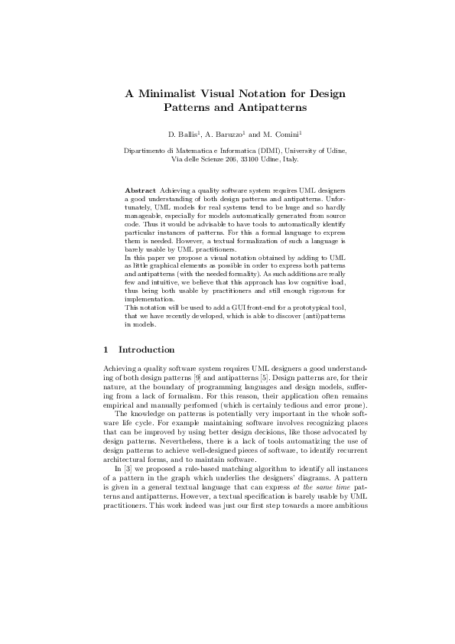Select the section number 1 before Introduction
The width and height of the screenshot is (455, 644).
[x=106, y=350]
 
